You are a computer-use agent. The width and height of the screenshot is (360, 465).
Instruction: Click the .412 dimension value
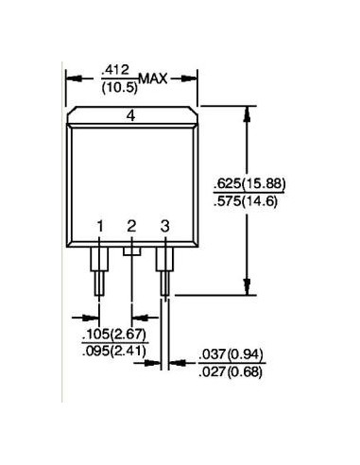(x=115, y=70)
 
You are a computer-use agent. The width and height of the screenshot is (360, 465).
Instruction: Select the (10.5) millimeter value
(x=120, y=88)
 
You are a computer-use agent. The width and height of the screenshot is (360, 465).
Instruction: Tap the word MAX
(x=153, y=78)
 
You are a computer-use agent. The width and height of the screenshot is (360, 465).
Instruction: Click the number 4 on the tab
(x=130, y=116)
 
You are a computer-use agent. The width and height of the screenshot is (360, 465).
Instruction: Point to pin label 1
(x=100, y=226)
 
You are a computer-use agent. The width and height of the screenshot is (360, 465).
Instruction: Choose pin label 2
(x=131, y=226)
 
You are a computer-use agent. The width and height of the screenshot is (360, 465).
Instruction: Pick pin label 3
(x=164, y=226)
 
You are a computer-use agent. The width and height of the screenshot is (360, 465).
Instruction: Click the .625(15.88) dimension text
(x=249, y=183)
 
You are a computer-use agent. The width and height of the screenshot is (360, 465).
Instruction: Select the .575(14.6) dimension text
(x=246, y=201)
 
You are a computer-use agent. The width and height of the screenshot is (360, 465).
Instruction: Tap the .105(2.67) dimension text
(x=114, y=335)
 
